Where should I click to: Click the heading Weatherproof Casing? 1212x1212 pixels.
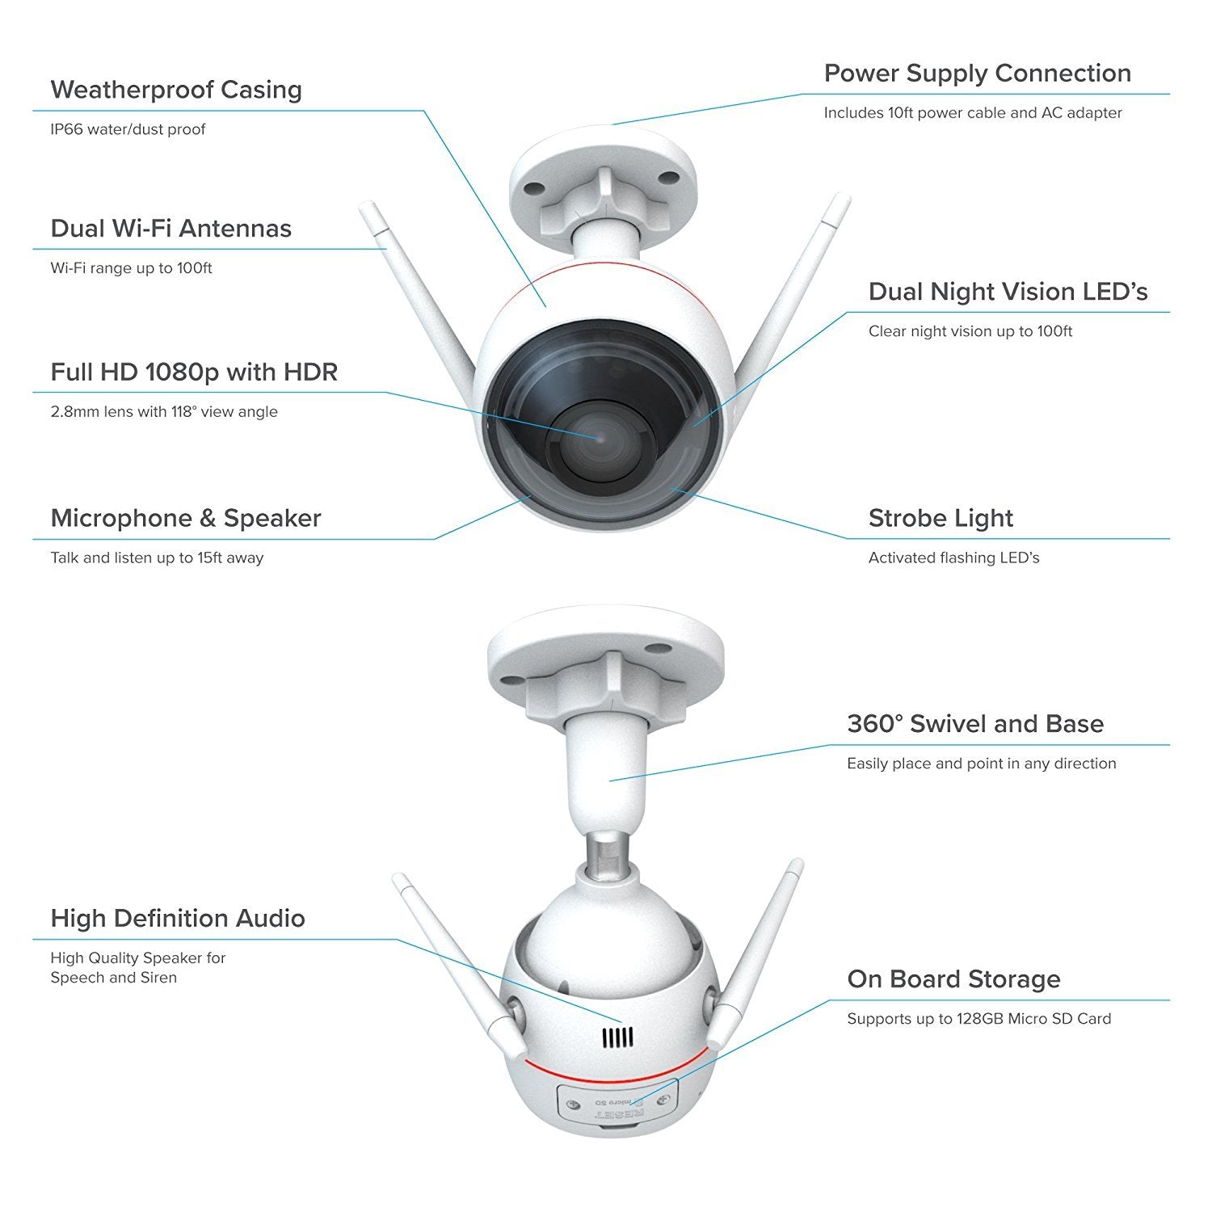tap(176, 90)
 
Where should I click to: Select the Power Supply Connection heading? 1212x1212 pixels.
tap(978, 74)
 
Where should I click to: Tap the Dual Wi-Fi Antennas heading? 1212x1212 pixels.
tap(170, 229)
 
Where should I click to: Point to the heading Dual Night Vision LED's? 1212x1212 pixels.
tap(1008, 292)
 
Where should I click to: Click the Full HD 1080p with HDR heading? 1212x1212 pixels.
tap(194, 372)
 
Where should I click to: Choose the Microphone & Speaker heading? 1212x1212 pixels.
tap(186, 519)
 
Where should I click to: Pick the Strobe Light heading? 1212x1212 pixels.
tap(941, 519)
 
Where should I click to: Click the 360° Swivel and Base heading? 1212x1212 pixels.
tap(975, 724)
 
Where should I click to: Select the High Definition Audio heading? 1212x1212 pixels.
tap(178, 919)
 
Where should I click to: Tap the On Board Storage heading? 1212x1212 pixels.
tap(953, 979)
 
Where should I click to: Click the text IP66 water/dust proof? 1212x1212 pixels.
tap(128, 129)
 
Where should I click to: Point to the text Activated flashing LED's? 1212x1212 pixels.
tap(954, 558)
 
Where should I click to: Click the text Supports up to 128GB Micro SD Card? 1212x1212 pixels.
tap(979, 1019)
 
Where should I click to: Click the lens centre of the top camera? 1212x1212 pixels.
tap(597, 437)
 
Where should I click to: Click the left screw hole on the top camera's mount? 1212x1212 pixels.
tap(532, 188)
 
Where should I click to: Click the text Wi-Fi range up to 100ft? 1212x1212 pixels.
tap(131, 268)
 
